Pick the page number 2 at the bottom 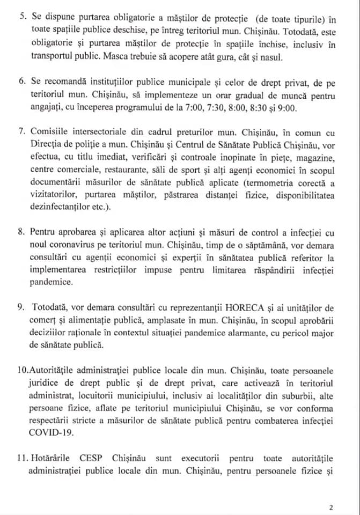(x=332, y=506)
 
